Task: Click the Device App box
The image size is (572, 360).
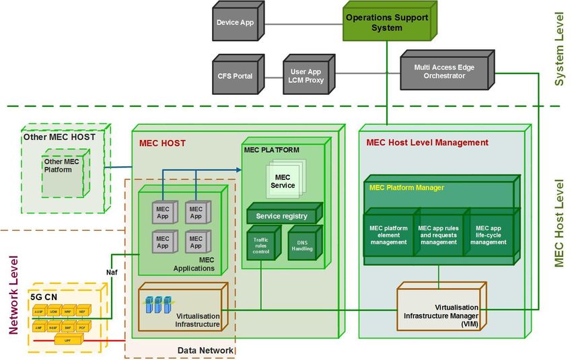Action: click(x=235, y=23)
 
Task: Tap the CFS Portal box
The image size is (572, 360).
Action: click(x=235, y=76)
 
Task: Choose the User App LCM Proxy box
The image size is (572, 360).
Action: click(x=307, y=76)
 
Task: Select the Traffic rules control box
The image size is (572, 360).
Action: click(x=260, y=244)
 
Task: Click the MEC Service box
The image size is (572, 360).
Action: click(x=283, y=181)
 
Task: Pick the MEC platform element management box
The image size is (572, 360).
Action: click(x=388, y=236)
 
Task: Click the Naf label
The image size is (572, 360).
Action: click(x=112, y=273)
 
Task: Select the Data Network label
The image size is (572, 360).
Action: click(x=206, y=351)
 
